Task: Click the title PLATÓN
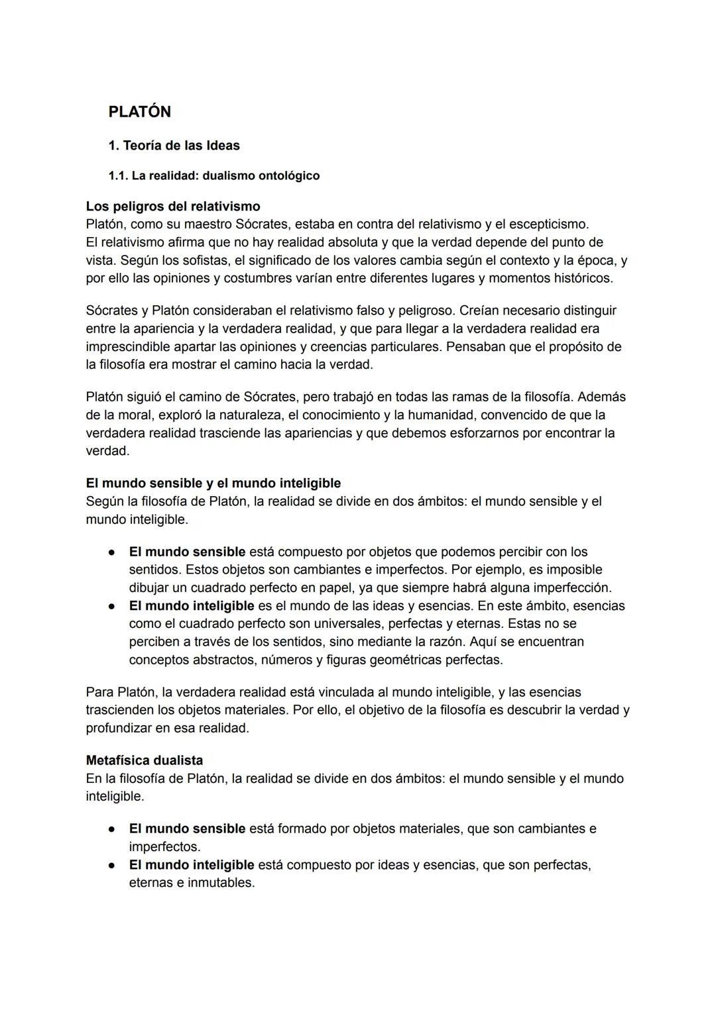(139, 112)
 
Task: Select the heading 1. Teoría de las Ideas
(174, 145)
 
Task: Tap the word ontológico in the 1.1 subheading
(287, 176)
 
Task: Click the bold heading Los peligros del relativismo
(172, 207)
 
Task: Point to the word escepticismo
(547, 225)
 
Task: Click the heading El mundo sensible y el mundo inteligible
(213, 483)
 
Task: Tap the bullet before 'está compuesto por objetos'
(113, 552)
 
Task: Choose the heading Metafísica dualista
(144, 760)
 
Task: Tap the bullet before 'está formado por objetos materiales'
(113, 829)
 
